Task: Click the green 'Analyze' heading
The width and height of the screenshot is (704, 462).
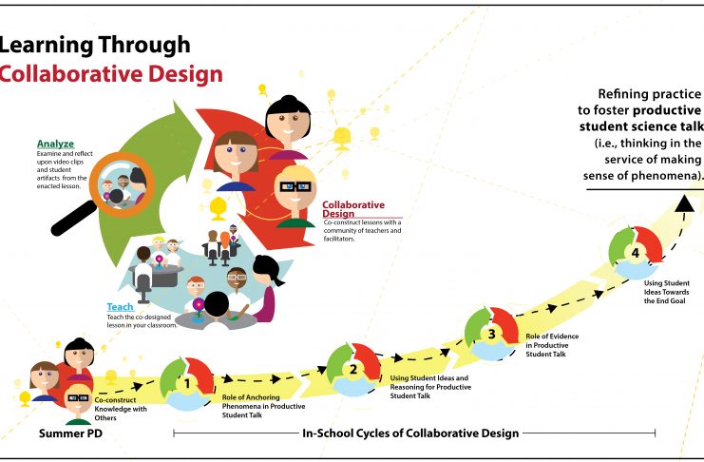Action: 55,144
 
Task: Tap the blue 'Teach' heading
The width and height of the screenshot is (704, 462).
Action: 120,306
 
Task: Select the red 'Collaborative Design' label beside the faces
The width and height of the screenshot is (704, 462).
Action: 353,209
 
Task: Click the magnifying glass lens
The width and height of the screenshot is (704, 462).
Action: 123,185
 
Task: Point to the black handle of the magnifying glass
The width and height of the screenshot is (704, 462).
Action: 73,219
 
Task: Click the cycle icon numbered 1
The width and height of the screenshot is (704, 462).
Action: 187,383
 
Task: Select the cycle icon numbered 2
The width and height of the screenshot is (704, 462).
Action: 353,370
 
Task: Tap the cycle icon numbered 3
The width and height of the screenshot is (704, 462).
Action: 491,334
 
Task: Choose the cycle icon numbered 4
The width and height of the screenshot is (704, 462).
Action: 636,253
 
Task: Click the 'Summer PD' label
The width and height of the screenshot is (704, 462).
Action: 70,433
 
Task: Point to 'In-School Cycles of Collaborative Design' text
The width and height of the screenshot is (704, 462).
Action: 410,433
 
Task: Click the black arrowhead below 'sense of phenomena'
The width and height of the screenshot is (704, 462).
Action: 685,203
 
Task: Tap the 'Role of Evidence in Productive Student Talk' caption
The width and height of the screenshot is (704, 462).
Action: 552,345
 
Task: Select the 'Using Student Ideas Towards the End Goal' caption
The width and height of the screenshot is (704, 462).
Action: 667,292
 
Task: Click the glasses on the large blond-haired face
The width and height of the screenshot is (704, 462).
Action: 295,186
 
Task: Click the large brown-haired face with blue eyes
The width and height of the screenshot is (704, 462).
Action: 237,155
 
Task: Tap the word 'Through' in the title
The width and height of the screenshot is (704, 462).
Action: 144,45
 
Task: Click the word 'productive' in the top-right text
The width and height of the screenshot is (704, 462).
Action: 667,110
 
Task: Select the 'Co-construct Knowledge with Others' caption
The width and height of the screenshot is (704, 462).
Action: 121,409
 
